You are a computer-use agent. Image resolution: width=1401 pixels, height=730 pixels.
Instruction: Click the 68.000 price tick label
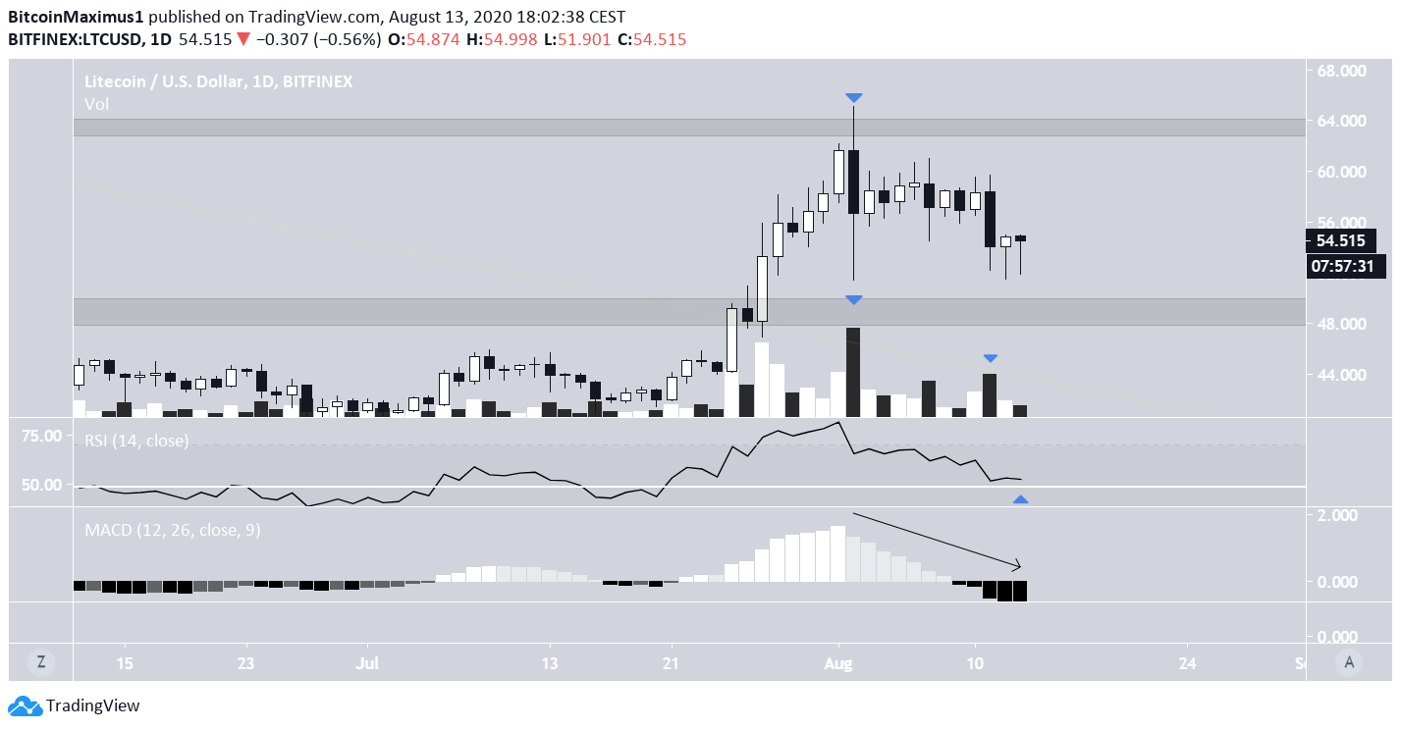tap(1340, 71)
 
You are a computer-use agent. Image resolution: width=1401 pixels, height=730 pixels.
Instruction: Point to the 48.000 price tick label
tap(1340, 324)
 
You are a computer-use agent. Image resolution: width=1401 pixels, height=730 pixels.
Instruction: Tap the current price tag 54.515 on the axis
tap(1340, 240)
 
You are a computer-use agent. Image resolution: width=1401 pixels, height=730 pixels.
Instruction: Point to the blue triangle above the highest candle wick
tap(854, 98)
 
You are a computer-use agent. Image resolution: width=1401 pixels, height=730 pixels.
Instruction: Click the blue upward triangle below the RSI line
tap(1020, 500)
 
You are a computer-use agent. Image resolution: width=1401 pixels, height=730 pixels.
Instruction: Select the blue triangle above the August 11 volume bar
tap(990, 359)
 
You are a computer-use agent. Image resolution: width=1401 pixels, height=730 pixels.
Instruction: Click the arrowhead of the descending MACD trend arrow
tap(1018, 566)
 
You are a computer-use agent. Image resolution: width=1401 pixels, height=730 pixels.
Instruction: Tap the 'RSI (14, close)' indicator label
tap(136, 441)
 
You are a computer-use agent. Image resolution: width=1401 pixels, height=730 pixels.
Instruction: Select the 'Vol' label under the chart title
tap(96, 104)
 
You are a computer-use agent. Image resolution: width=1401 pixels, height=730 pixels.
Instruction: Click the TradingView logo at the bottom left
tap(75, 705)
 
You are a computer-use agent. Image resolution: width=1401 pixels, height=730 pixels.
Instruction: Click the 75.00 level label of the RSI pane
tap(41, 436)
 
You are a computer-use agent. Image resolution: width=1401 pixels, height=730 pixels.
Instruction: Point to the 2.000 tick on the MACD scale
tap(1340, 515)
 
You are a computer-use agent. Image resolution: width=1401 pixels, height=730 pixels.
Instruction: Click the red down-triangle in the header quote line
tap(243, 39)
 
